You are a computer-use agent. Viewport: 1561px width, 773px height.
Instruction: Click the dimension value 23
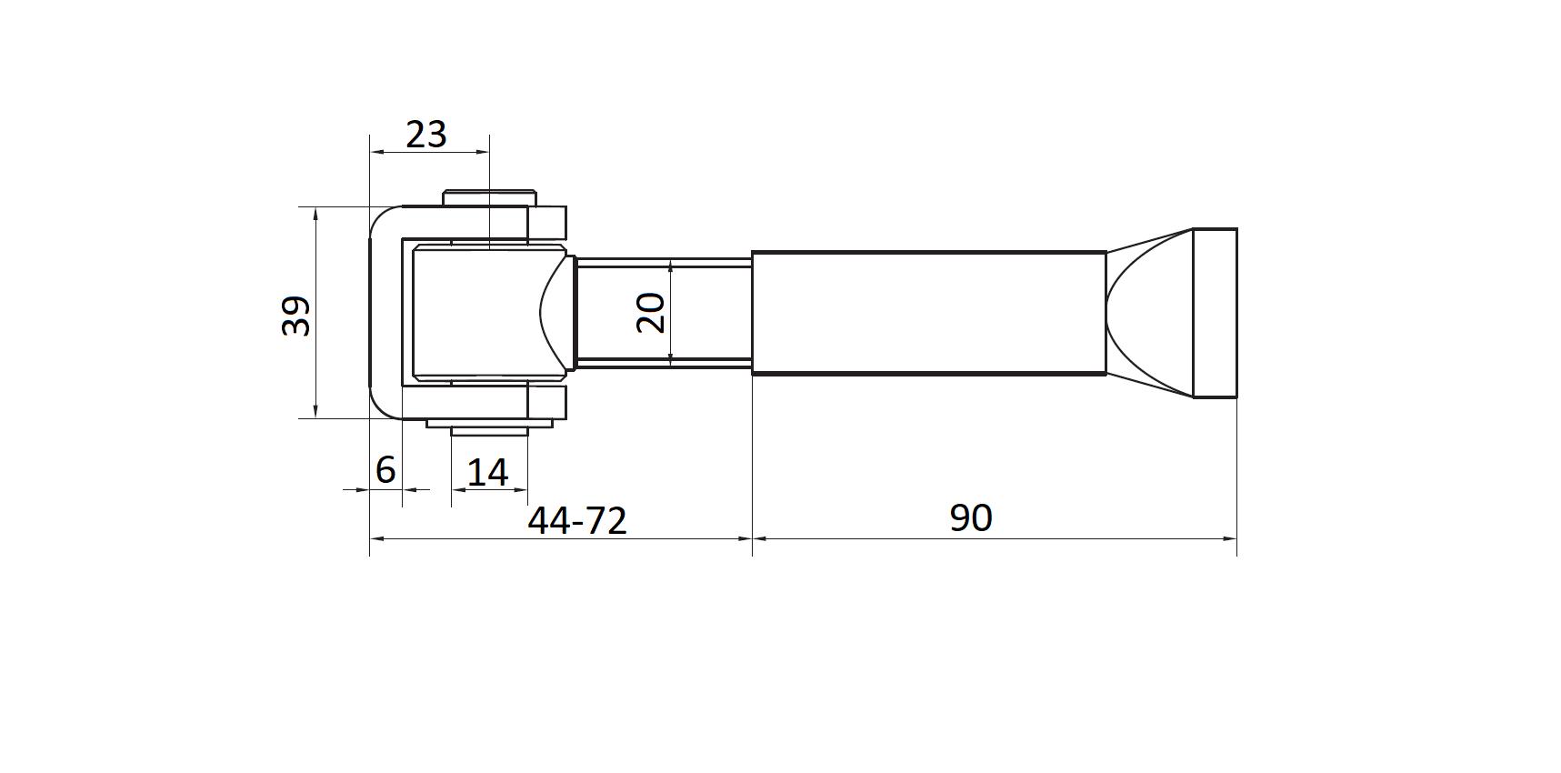[x=425, y=135]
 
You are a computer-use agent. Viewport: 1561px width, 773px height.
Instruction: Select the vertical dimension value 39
[x=296, y=316]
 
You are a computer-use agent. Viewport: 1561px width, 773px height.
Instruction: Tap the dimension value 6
[x=385, y=469]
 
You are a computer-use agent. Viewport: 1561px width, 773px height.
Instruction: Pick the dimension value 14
[x=487, y=473]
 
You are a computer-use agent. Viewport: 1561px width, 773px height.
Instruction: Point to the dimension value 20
[x=651, y=313]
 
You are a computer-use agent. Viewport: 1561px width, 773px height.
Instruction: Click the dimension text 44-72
[x=577, y=520]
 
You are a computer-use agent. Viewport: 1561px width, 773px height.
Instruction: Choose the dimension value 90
[x=971, y=517]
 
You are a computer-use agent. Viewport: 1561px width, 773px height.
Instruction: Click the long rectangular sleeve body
[x=928, y=312]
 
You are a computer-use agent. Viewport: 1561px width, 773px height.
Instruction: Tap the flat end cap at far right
[x=1215, y=313]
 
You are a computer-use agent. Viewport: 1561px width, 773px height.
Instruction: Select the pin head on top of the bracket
[x=489, y=198]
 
